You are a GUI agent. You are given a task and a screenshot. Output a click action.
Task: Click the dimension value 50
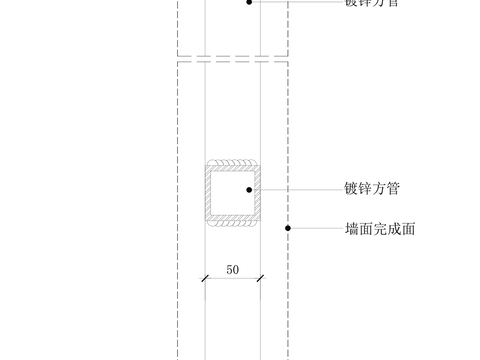coord(232,269)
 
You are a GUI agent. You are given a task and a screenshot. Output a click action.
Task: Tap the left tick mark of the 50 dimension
coord(205,278)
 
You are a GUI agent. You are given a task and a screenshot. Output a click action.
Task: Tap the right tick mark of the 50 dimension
coord(260,278)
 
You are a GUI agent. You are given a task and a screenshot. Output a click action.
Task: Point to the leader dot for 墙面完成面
coord(288,228)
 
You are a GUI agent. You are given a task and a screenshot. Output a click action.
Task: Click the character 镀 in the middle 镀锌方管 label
coord(351,188)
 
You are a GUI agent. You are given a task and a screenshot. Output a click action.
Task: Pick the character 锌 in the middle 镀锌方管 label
coord(365,188)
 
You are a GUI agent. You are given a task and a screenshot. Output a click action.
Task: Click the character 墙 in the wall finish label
coord(351,229)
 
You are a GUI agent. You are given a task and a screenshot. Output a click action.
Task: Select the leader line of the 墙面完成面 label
coord(315,228)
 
